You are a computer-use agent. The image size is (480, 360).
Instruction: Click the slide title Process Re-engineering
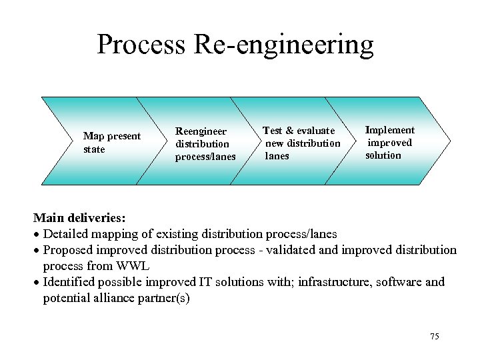(x=235, y=45)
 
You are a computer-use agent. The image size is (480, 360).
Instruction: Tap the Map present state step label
(x=111, y=143)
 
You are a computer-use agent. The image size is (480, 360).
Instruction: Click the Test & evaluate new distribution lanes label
(x=301, y=143)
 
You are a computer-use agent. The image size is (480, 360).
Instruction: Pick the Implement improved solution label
(x=389, y=143)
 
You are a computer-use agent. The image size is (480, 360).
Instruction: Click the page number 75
(x=435, y=336)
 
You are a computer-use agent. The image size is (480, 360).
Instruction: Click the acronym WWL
(x=133, y=266)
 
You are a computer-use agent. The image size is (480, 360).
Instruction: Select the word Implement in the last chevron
(x=390, y=130)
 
